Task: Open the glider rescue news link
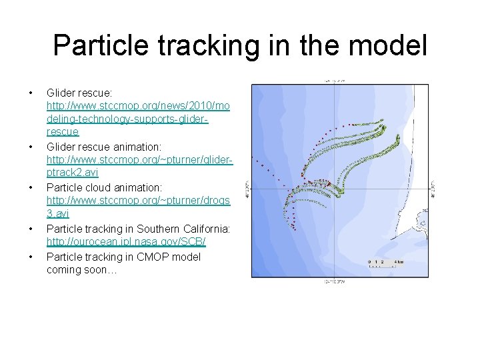(137, 119)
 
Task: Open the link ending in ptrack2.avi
(139, 167)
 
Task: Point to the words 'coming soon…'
(81, 270)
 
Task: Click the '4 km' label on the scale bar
(398, 262)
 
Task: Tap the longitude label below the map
(335, 282)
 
